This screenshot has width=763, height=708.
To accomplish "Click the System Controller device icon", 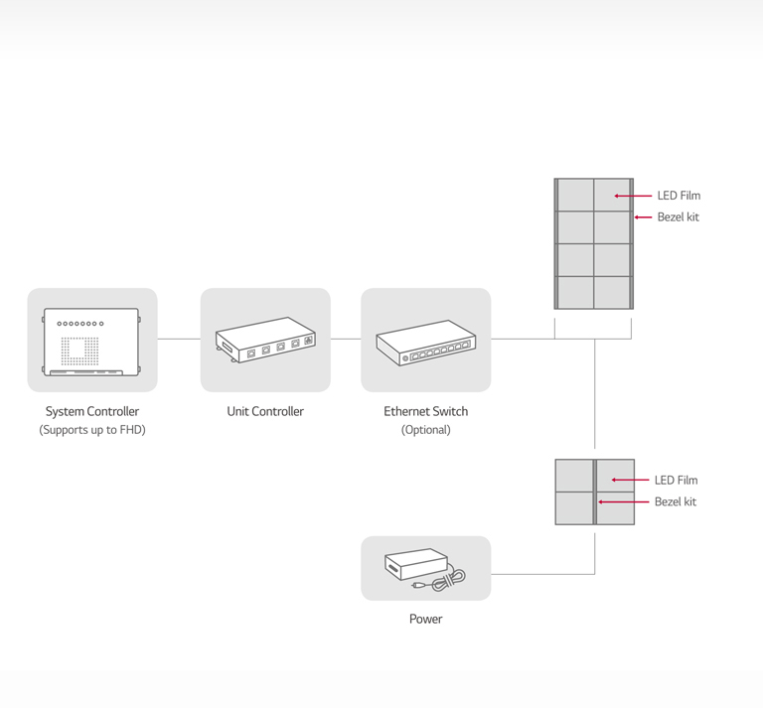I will coord(91,341).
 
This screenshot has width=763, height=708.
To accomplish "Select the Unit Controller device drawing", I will coord(265,340).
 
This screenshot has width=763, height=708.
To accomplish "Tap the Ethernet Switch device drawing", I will coord(425,343).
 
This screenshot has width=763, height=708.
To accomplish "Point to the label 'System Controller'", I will coord(92,411).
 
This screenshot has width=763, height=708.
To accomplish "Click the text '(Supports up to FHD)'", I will coord(92,430).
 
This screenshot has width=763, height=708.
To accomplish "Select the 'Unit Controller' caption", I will coord(265,411).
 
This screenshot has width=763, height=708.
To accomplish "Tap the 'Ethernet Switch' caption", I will coord(425,411).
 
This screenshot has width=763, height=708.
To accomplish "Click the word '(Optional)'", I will coord(425,430).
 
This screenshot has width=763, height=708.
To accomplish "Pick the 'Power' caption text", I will coord(425,619).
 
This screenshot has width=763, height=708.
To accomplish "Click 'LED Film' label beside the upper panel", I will coord(679,196).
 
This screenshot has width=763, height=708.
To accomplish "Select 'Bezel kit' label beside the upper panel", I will coord(678,217).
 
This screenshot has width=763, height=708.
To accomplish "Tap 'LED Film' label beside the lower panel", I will coord(676,481).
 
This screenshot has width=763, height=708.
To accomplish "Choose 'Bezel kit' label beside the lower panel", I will coord(675,502).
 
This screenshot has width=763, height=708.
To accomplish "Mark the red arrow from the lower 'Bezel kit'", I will coord(622,502).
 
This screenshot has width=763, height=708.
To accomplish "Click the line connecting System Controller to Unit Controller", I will coord(179,339).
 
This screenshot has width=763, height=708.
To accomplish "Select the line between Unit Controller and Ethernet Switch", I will coord(345,339).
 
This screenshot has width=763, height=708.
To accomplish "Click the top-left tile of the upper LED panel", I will coord(575,195).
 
